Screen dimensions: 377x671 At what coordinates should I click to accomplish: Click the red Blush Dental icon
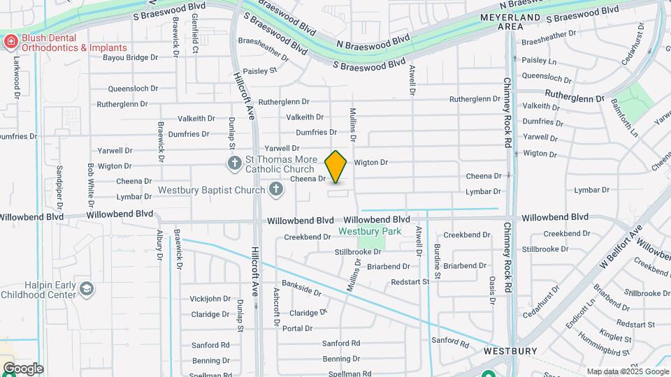pyautogui.click(x=10, y=43)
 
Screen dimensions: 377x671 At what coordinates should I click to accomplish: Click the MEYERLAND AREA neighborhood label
pyautogui.click(x=510, y=21)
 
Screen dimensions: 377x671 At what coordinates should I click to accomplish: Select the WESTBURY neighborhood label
pyautogui.click(x=510, y=351)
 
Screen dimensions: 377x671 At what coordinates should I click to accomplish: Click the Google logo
pyautogui.click(x=22, y=369)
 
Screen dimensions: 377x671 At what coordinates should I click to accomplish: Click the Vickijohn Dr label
pyautogui.click(x=210, y=299)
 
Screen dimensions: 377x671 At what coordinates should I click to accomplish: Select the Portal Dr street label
pyautogui.click(x=297, y=328)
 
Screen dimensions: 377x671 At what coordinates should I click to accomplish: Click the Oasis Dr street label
pyautogui.click(x=492, y=289)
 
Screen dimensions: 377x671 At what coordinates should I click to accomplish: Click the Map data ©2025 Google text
pyautogui.click(x=628, y=371)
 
